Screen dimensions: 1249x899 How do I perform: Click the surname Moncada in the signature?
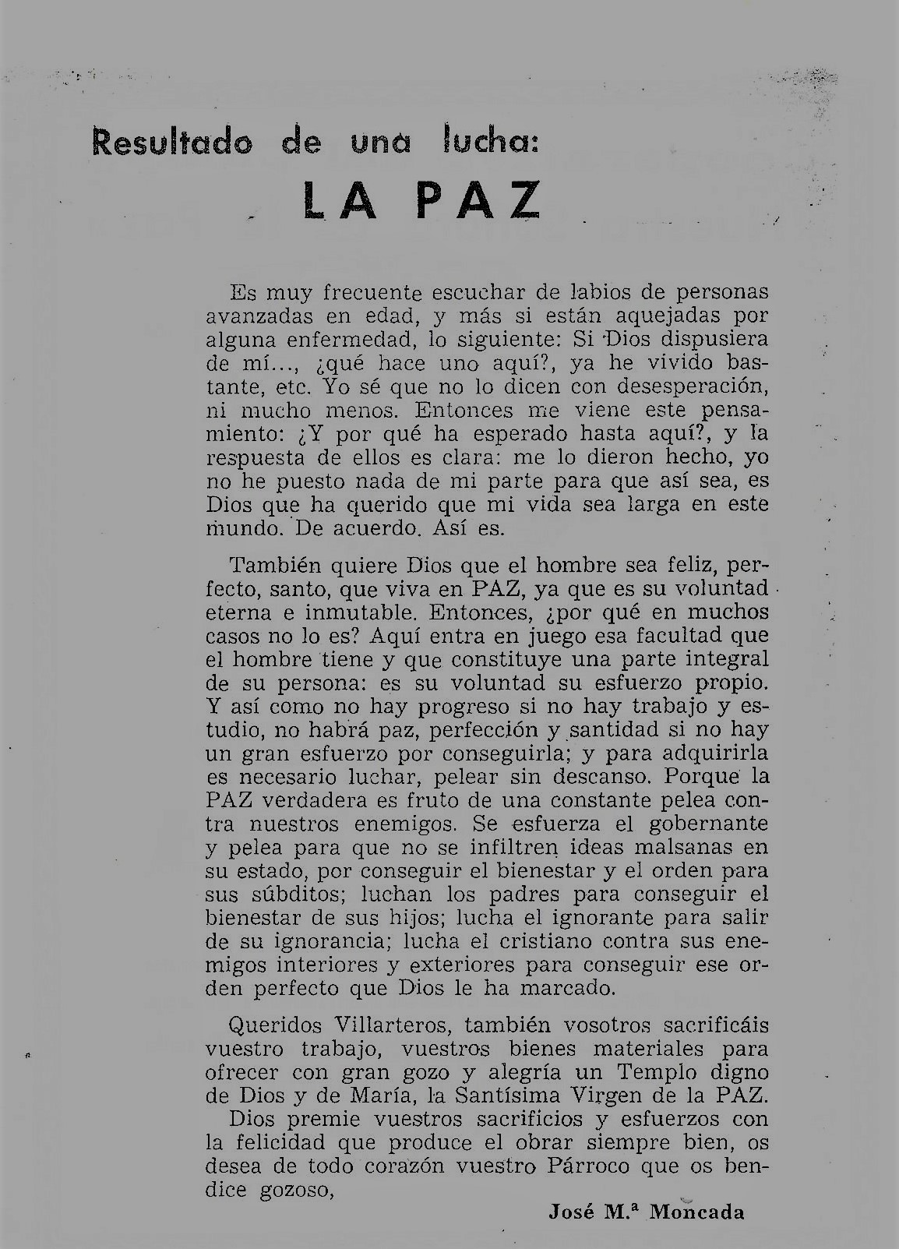point(697,1211)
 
